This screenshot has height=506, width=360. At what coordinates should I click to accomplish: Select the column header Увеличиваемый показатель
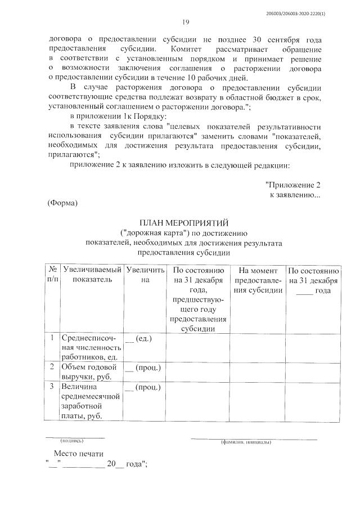tap(92, 274)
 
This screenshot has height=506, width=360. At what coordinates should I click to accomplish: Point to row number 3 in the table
tap(52, 387)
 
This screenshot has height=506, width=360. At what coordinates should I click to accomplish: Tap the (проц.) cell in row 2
tap(143, 368)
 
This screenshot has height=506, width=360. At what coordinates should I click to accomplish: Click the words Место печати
tap(79, 454)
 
